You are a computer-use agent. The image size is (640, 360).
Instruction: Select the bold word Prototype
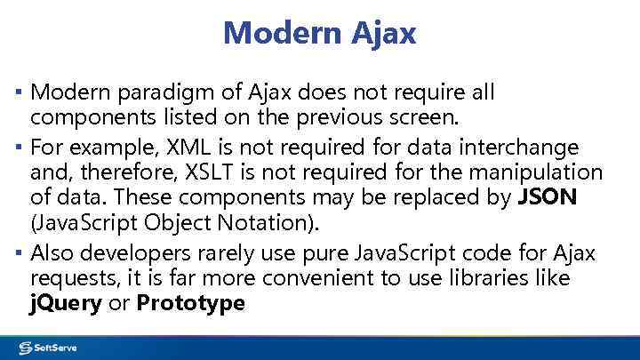coord(191,303)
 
